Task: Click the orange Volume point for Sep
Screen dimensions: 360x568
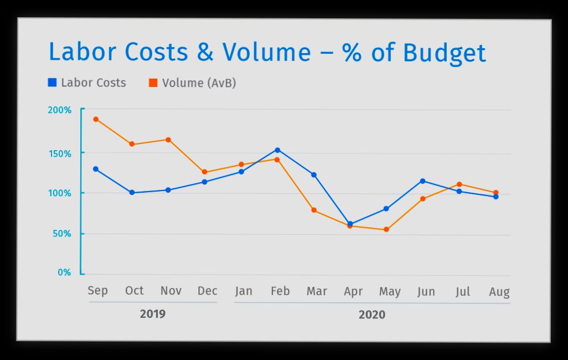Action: [x=96, y=119]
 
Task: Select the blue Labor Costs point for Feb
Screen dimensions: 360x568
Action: [x=277, y=150]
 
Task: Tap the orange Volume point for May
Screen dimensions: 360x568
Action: [x=386, y=229]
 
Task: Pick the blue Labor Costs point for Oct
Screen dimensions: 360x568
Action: [x=132, y=193]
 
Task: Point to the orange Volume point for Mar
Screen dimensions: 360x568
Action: [x=314, y=210]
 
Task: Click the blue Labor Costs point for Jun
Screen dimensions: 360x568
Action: [x=422, y=181]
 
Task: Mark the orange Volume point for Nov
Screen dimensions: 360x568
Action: [x=168, y=140]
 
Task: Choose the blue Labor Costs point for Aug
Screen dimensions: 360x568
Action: [x=495, y=197]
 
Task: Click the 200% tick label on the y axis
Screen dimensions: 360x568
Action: [x=59, y=110]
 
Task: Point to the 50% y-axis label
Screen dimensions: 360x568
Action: [x=61, y=234]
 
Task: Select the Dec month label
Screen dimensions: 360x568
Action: [x=207, y=291]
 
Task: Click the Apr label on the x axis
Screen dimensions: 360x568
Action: [x=353, y=292]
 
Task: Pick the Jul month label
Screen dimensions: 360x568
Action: [x=462, y=292]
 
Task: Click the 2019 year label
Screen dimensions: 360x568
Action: [x=152, y=314]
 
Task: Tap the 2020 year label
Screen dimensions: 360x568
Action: [x=371, y=315]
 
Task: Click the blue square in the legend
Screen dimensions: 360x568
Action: [x=53, y=83]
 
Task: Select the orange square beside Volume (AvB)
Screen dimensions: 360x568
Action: [x=153, y=83]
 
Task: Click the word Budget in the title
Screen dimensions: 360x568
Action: [x=444, y=53]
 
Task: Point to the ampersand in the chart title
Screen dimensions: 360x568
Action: [x=205, y=53]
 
